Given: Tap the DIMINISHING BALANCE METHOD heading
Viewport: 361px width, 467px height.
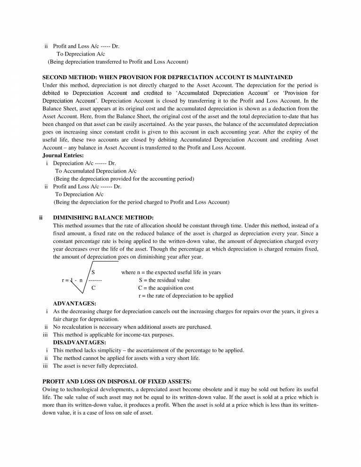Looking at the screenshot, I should pyautogui.click(x=103, y=217).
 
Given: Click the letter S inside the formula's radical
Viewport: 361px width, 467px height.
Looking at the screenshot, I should pyautogui.click(x=93, y=272).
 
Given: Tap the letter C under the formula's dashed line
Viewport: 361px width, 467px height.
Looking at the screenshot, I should pyautogui.click(x=93, y=287).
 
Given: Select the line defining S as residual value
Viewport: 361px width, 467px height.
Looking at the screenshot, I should pyautogui.click(x=164, y=280).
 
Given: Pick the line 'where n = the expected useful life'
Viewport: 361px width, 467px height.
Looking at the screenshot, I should pyautogui.click(x=171, y=272).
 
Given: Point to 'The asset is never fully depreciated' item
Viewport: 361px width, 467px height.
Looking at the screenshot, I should pyautogui.click(x=95, y=366).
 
